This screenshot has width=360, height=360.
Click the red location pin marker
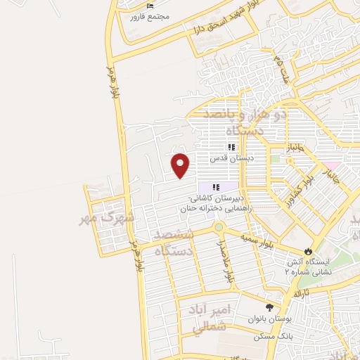pyautogui.click(x=181, y=165)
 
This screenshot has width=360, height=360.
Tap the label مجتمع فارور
pyautogui.click(x=146, y=16)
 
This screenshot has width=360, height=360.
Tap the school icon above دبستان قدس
pyautogui.click(x=231, y=147)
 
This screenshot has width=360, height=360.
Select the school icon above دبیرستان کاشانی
pyautogui.click(x=216, y=186)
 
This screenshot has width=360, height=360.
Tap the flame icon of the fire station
pyautogui.click(x=308, y=251)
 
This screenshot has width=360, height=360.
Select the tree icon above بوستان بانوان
pyautogui.click(x=269, y=307)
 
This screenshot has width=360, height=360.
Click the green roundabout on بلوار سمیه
pyautogui.click(x=219, y=227)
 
